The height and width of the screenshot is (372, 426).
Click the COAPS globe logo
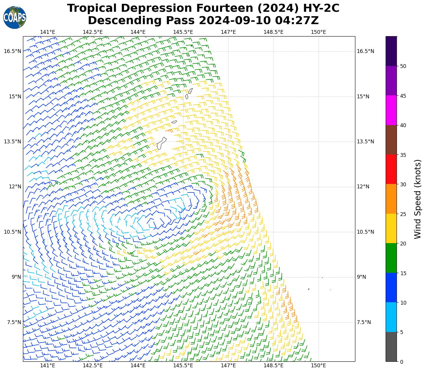pyautogui.click(x=15, y=17)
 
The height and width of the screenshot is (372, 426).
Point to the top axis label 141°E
pyautogui.click(x=48, y=32)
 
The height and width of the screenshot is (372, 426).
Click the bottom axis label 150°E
pyautogui.click(x=318, y=366)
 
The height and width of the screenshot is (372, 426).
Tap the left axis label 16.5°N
pyautogui.click(x=12, y=51)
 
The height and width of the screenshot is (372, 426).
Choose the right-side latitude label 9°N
pyautogui.click(x=362, y=277)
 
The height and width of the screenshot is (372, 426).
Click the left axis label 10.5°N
pyautogui.click(x=12, y=232)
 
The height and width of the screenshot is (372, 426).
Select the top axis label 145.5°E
pyautogui.click(x=183, y=32)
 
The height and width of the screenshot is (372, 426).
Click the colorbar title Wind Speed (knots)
pyautogui.click(x=417, y=199)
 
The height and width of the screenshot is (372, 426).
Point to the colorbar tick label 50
pyautogui.click(x=403, y=66)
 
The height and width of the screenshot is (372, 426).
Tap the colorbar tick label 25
pyautogui.click(x=403, y=214)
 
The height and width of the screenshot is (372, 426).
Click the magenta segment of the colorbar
pyautogui.click(x=391, y=110)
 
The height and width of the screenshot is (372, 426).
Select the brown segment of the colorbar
pyautogui.click(x=391, y=140)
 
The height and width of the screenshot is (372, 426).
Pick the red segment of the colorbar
pyautogui.click(x=391, y=169)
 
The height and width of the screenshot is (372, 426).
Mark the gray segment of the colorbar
pyautogui.click(x=391, y=347)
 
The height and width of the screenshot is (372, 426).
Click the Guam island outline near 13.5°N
pyautogui.click(x=161, y=143)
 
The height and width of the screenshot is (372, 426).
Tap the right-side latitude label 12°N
pyautogui.click(x=363, y=187)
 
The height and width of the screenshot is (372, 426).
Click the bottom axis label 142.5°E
pyautogui.click(x=93, y=366)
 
